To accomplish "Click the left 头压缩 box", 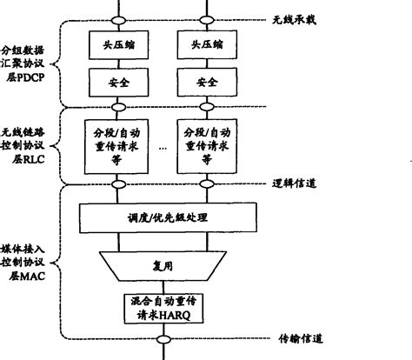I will click(x=117, y=44).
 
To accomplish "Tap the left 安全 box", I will click(x=117, y=83).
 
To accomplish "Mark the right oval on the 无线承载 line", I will click(x=207, y=17).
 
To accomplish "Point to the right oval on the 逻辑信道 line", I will click(x=207, y=185).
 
